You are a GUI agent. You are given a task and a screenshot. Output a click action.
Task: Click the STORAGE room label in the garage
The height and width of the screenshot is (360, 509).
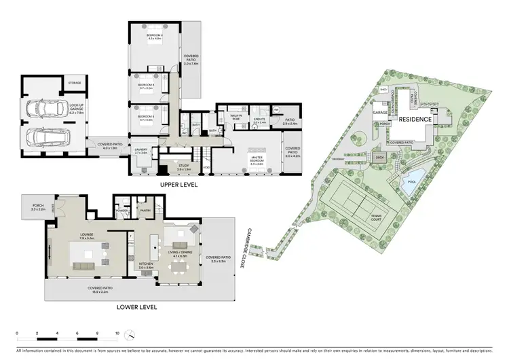pyautogui.click(x=74, y=84)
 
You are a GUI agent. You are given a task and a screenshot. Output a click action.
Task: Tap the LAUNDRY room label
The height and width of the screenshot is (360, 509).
pyautogui.click(x=141, y=152)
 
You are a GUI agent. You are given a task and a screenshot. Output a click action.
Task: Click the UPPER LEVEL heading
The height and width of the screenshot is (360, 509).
pyautogui.click(x=179, y=184)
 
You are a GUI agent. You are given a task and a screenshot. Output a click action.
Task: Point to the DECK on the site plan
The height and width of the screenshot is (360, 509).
pyautogui.click(x=381, y=158)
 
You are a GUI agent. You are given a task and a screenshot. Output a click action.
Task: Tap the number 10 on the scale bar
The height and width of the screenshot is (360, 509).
pyautogui.click(x=117, y=334)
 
